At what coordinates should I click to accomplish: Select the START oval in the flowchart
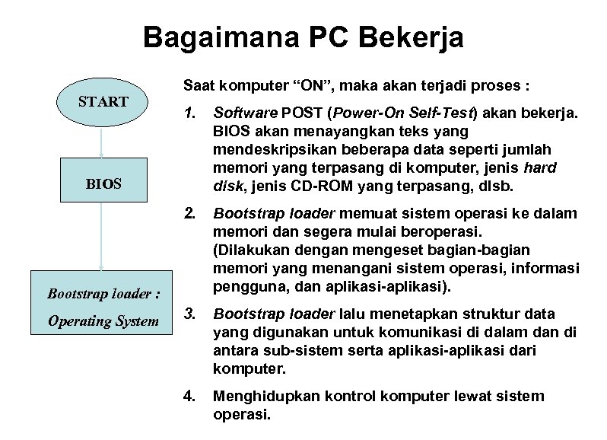[x=103, y=101]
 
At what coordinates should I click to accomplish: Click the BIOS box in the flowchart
[x=103, y=183]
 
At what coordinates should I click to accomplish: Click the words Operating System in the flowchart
[x=103, y=320]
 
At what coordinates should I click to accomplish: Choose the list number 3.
[x=189, y=314]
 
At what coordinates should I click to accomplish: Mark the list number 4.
[x=189, y=396]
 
